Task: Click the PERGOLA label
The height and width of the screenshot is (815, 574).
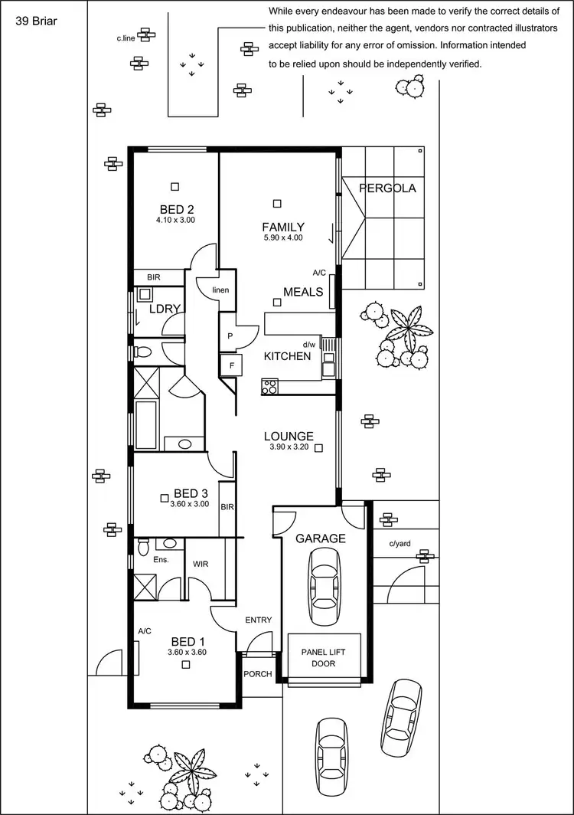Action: [x=387, y=188]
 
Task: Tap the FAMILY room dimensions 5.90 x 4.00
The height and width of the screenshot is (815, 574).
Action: [x=283, y=238]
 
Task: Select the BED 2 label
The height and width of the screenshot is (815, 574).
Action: [x=177, y=209]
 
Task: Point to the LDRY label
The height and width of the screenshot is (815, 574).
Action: [x=165, y=309]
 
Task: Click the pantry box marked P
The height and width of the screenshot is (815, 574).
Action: [x=230, y=336]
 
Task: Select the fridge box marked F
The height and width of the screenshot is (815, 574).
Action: [x=230, y=365]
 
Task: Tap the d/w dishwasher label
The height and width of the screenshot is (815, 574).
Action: [x=309, y=344]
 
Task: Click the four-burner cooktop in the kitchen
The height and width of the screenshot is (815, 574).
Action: [x=269, y=387]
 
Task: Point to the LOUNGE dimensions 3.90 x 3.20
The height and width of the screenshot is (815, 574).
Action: [x=289, y=447]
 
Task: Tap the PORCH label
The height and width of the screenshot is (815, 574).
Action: [x=257, y=675]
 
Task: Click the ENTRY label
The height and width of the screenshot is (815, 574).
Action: [x=259, y=620]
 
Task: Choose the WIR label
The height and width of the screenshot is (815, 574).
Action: [x=201, y=564]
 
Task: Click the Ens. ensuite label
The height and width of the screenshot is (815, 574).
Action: [x=160, y=560]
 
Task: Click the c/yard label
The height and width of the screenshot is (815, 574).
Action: [x=400, y=544]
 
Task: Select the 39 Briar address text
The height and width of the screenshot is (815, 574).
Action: [x=37, y=21]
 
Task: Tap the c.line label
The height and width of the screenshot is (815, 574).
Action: [x=126, y=37]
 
